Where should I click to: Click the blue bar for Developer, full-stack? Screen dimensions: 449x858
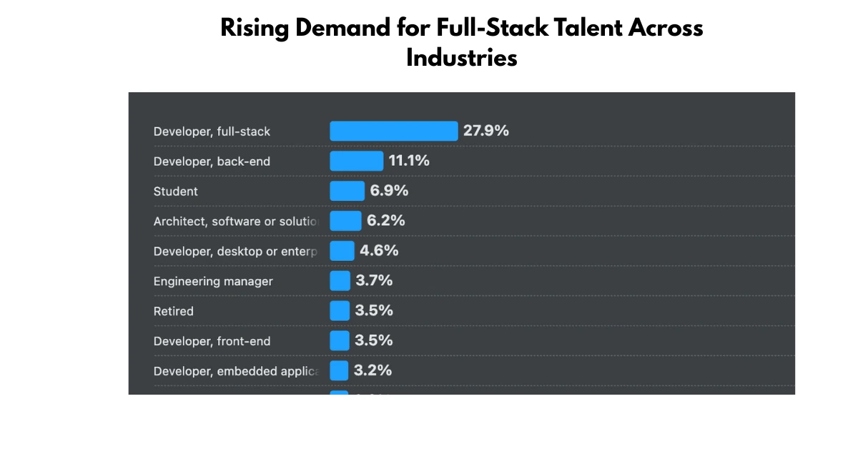click(393, 132)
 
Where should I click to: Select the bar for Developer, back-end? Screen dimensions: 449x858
click(357, 162)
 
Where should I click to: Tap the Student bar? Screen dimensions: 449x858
click(347, 192)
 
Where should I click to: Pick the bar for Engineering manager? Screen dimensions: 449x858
click(340, 281)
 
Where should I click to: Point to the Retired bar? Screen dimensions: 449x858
click(340, 311)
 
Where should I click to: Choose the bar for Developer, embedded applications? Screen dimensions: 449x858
click(339, 371)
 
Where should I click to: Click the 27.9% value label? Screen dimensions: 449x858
click(486, 131)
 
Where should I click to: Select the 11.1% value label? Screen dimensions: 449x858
click(409, 161)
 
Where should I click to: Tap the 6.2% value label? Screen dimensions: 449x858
click(386, 221)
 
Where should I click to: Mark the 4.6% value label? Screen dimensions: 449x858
click(379, 251)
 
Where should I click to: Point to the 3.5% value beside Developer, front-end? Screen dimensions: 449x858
click(374, 341)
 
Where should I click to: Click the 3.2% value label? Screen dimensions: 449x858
click(373, 371)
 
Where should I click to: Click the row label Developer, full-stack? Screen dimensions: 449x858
click(212, 132)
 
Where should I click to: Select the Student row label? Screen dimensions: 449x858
click(176, 192)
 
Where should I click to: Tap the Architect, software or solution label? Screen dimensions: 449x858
click(236, 222)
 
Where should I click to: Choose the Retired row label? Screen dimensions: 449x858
click(174, 312)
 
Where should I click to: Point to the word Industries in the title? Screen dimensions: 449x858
click(462, 58)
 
